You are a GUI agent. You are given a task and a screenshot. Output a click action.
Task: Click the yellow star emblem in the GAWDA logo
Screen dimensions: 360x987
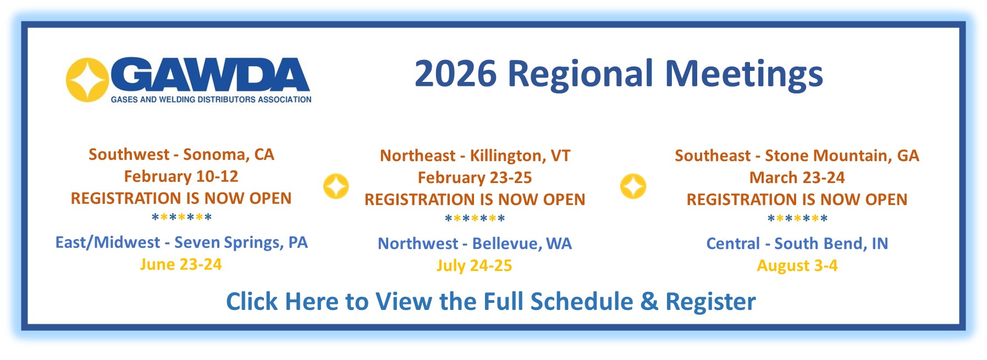pyautogui.click(x=87, y=80)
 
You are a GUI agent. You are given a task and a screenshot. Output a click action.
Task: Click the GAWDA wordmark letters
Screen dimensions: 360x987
pyautogui.click(x=212, y=75)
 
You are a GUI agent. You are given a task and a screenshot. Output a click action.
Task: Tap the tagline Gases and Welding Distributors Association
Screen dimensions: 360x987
pyautogui.click(x=211, y=99)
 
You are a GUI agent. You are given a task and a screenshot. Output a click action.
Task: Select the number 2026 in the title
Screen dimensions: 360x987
pyautogui.click(x=455, y=74)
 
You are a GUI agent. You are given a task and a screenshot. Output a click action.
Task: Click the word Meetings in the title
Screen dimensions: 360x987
pyautogui.click(x=744, y=74)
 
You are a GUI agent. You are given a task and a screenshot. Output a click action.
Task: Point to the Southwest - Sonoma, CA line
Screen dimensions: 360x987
pyautogui.click(x=181, y=154)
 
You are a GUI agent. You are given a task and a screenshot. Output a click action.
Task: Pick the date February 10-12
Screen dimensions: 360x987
pyautogui.click(x=181, y=176)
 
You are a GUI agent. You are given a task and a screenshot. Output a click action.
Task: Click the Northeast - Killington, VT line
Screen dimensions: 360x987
pyautogui.click(x=475, y=156)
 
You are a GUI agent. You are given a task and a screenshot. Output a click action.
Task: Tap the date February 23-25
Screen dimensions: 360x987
pyautogui.click(x=475, y=178)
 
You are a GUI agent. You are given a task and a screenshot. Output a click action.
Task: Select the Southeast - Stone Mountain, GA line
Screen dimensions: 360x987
pyautogui.click(x=797, y=156)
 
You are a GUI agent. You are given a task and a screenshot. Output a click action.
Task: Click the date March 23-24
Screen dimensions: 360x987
pyautogui.click(x=797, y=178)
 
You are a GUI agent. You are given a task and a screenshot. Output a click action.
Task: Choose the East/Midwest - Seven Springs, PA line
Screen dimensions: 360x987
pyautogui.click(x=181, y=242)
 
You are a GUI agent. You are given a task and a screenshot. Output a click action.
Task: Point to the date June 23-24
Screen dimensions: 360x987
pyautogui.click(x=181, y=264)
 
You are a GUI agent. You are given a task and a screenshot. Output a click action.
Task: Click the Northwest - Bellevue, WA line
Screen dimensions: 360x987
pyautogui.click(x=475, y=243)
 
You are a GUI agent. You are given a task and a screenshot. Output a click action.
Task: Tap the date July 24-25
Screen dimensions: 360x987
pyautogui.click(x=475, y=265)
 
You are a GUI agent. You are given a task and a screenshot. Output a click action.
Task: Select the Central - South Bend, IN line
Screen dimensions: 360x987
pyautogui.click(x=797, y=243)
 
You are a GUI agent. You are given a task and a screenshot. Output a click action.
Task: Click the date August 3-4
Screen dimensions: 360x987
pyautogui.click(x=797, y=265)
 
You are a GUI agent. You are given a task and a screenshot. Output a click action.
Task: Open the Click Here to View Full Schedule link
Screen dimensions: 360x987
pyautogui.click(x=491, y=302)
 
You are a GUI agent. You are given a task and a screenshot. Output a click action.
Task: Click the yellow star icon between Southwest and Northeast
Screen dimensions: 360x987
pyautogui.click(x=336, y=186)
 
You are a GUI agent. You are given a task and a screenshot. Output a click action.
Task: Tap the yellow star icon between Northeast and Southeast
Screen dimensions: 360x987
pyautogui.click(x=633, y=186)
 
